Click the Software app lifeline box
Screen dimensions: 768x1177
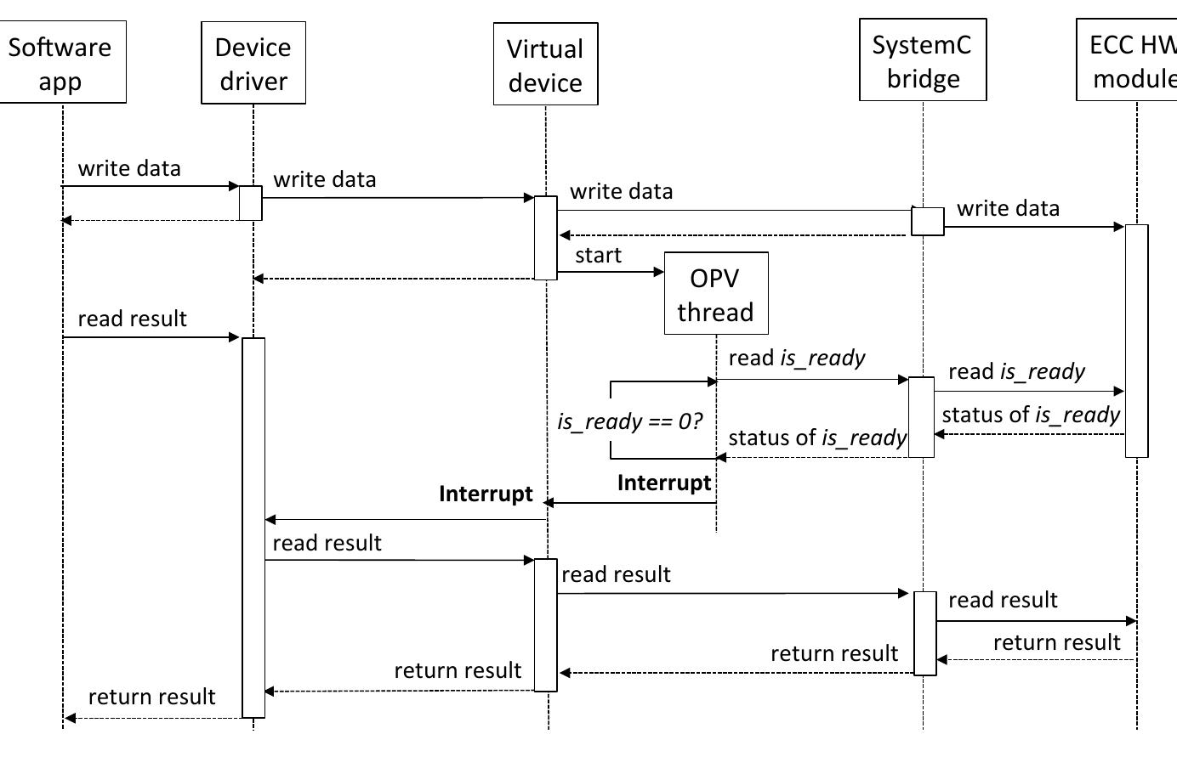61,63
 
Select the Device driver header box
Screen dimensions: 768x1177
253,64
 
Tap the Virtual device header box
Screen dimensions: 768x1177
545,65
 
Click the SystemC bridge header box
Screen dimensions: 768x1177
923,60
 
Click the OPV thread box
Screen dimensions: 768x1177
715,294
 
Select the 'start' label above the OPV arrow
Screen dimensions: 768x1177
598,256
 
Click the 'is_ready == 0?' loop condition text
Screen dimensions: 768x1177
630,421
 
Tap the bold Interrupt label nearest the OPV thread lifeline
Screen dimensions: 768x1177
664,483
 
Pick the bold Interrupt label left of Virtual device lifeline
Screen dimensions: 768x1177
486,494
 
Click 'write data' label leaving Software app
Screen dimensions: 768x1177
129,168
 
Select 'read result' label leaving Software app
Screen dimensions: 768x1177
132,319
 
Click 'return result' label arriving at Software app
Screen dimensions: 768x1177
151,697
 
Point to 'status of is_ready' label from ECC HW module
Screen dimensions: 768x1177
1031,415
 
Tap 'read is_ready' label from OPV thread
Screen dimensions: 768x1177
797,358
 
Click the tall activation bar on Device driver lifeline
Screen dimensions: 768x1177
253,527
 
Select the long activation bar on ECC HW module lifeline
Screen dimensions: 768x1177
1136,340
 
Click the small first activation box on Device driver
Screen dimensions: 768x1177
250,203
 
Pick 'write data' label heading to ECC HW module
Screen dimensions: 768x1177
1008,208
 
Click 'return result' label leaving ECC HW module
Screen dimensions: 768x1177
1056,642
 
